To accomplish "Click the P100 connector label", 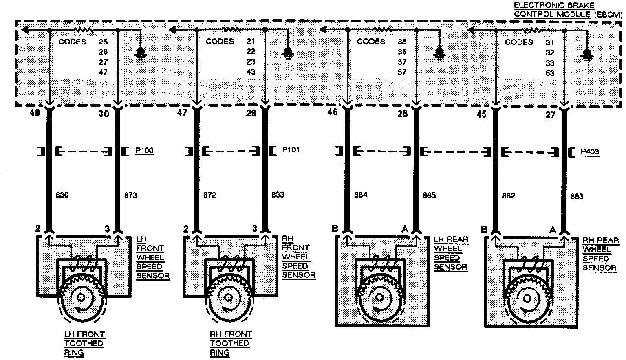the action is pos(144,151).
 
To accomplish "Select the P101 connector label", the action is pos(291,150).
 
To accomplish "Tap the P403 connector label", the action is pos(590,152).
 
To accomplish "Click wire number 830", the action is pos(62,195).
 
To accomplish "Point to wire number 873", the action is pos(130,195).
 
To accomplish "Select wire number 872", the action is pos(209,195).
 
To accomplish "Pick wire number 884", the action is pos(361,195).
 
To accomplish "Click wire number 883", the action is pos(576,196).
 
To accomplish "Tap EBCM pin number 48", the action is pos(35,113).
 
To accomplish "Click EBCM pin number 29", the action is pos(251,113).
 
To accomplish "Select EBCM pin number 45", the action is pos(482,114).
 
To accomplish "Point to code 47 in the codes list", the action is pos(103,72).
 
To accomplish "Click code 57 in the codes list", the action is pos(402,72).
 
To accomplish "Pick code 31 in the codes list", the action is pos(550,42).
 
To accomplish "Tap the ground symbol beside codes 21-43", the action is pos(288,53).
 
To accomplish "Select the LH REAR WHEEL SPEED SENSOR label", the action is pos(451,253).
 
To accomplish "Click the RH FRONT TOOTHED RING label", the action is pos(231,343).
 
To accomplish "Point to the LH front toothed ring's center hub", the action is pos(81,297).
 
